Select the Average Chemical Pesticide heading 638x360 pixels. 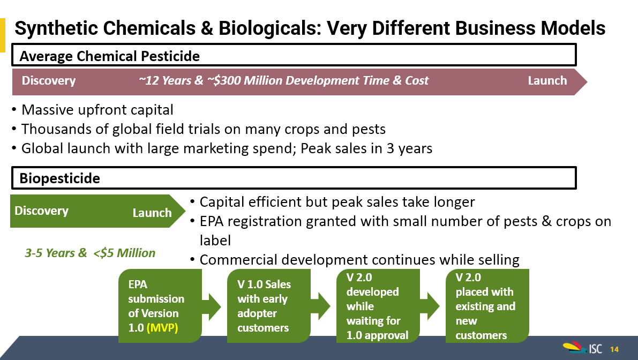109,56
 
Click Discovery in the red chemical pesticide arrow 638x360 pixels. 48,80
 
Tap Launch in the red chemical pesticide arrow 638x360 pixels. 547,80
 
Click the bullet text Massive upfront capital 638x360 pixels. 97,110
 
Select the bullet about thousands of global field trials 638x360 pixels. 204,129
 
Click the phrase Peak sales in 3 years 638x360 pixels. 366,148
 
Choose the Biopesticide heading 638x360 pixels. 60,178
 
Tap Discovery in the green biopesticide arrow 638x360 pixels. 41,211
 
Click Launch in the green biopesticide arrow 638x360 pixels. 152,213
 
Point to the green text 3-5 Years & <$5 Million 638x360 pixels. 90,253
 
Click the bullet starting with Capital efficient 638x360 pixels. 337,202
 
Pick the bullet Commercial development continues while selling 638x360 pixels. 359,260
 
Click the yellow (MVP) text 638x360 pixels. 162,328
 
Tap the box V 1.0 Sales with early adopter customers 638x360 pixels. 268,305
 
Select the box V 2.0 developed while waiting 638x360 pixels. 378,305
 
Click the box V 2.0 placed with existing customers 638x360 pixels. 487,305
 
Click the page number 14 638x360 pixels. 614,349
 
